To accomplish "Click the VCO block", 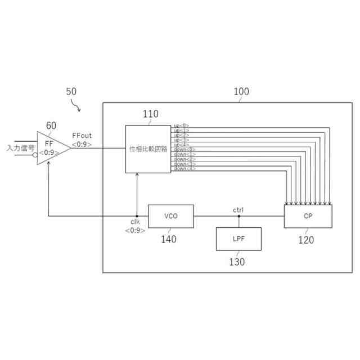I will [170, 216].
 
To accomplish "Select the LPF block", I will [239, 239].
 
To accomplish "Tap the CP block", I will [308, 216].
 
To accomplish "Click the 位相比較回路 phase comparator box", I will [148, 149].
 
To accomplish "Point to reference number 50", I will [71, 91].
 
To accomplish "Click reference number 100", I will [241, 91].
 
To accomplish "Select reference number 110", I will [150, 115].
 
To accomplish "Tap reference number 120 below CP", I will [306, 240].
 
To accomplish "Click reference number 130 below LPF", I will [236, 262].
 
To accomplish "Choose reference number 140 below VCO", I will [168, 239].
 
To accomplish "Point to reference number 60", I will [51, 125].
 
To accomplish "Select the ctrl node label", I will [238, 210].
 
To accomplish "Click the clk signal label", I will [135, 222].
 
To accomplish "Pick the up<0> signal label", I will [182, 125].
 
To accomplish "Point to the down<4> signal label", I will [184, 169].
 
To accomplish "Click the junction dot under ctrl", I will [239, 216].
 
